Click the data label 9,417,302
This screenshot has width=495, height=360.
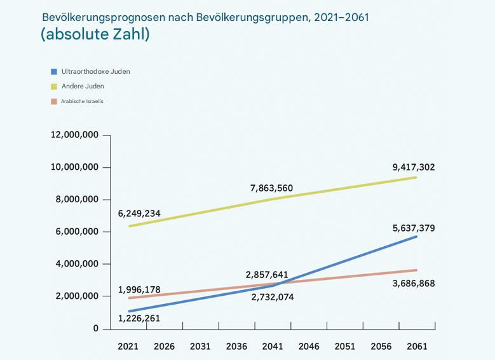click(413, 167)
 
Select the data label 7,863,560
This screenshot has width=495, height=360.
click(271, 188)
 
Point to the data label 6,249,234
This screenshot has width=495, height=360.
click(139, 213)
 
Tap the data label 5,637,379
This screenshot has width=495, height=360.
click(413, 228)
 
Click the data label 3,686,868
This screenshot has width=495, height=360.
click(413, 283)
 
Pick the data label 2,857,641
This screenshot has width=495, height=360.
click(267, 275)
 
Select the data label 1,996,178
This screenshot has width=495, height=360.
click(139, 289)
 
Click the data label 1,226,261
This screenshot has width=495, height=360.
click(139, 317)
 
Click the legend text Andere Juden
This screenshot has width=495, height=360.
click(83, 87)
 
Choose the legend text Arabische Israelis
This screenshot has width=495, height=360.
click(82, 101)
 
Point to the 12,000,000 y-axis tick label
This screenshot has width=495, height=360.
click(74, 135)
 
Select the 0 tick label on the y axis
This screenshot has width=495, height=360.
click(96, 329)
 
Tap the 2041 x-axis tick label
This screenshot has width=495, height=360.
click(273, 347)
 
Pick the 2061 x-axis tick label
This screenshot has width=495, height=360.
click(417, 347)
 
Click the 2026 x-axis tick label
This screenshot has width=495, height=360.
click(164, 347)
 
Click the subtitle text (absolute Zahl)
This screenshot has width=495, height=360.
click(95, 35)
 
